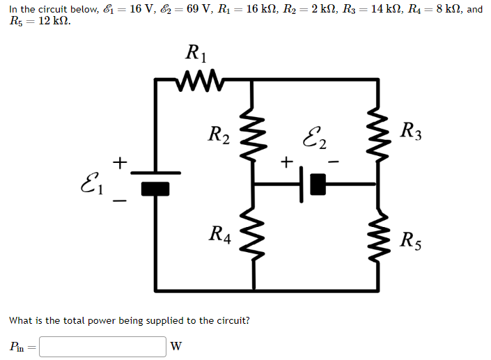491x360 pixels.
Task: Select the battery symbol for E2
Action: (x=312, y=185)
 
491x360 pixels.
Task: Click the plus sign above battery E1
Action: (x=120, y=163)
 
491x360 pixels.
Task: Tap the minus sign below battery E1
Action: (x=120, y=202)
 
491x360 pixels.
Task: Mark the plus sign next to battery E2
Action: (x=285, y=163)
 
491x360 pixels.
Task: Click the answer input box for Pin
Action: (x=102, y=346)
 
